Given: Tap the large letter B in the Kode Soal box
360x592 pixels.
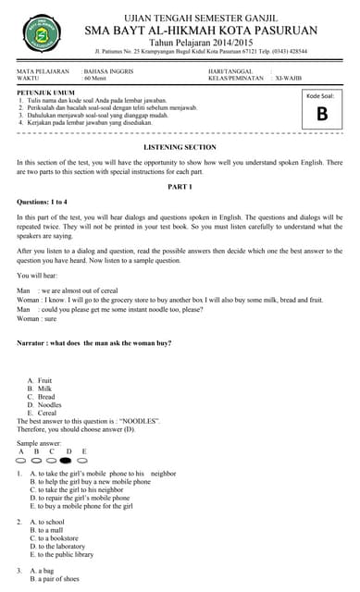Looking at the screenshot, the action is point(321,114).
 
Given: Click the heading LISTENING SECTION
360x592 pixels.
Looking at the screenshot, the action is point(180,148).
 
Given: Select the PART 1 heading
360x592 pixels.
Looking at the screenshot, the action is point(180,188).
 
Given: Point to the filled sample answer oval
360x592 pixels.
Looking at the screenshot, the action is point(67,459).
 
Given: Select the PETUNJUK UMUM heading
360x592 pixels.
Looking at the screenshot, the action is point(43,92).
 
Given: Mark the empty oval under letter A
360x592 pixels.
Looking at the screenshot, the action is point(22,459).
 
